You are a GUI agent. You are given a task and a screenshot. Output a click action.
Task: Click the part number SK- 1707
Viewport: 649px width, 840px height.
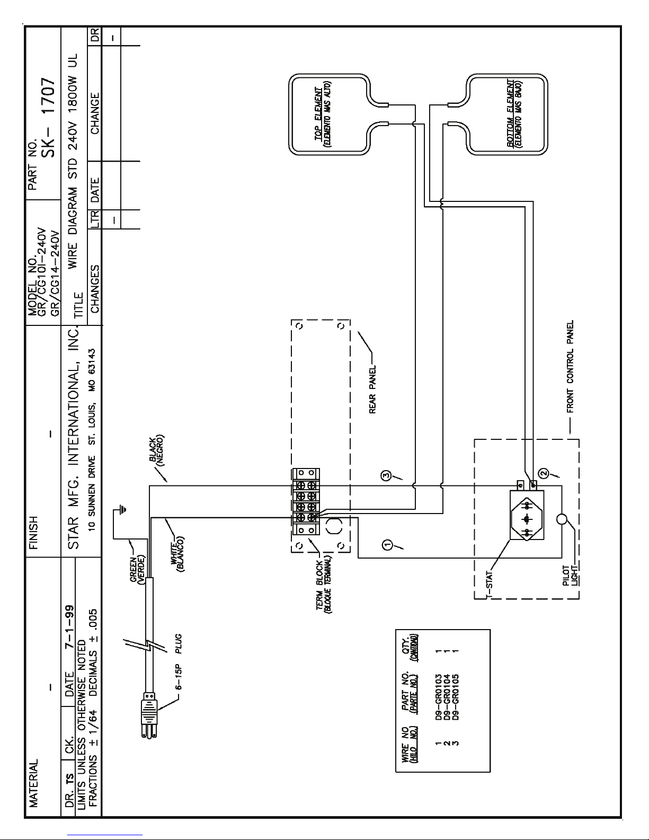(49, 117)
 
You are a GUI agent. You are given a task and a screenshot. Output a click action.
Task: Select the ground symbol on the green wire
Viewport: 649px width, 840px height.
(122, 510)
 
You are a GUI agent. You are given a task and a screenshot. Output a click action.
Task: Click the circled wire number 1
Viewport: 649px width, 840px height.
(387, 545)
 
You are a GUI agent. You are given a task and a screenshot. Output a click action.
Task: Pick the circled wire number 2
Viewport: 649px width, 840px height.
(543, 472)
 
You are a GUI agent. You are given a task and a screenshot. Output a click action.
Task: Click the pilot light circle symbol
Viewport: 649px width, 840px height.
(562, 519)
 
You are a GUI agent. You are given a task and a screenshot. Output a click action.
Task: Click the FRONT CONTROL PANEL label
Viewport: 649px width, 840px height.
(570, 366)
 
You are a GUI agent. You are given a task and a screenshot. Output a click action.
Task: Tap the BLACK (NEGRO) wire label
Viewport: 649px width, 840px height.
(157, 450)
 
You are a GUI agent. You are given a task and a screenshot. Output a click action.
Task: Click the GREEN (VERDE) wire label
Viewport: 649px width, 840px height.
(137, 570)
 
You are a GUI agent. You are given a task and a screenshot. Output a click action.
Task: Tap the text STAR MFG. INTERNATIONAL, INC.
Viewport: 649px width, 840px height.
(74, 438)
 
